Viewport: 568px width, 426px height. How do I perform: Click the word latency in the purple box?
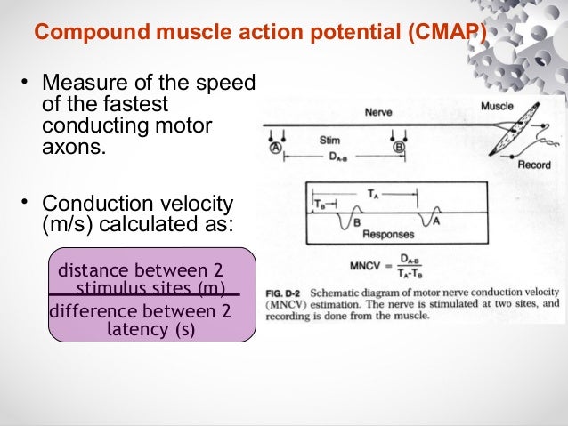click(x=136, y=330)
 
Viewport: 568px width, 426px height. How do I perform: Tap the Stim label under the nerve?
click(x=329, y=140)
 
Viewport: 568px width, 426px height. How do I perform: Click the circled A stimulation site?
click(x=276, y=149)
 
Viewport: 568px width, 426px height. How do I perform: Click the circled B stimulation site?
click(x=399, y=148)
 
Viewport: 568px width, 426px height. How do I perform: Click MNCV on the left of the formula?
click(x=366, y=265)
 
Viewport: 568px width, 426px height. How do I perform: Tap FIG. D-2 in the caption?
click(x=286, y=293)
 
